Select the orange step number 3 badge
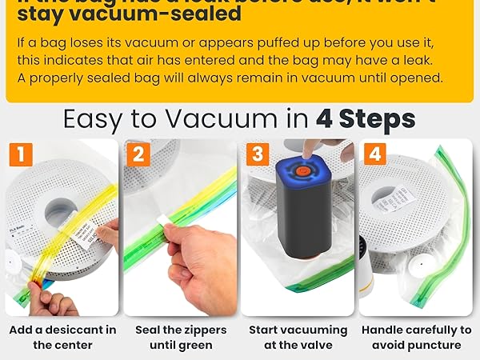tap(256, 154)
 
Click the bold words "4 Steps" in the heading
tap(366, 119)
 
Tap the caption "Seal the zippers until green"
tap(180, 337)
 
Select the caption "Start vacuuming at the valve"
tap(298, 337)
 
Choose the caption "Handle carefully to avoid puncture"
tap(416, 337)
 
